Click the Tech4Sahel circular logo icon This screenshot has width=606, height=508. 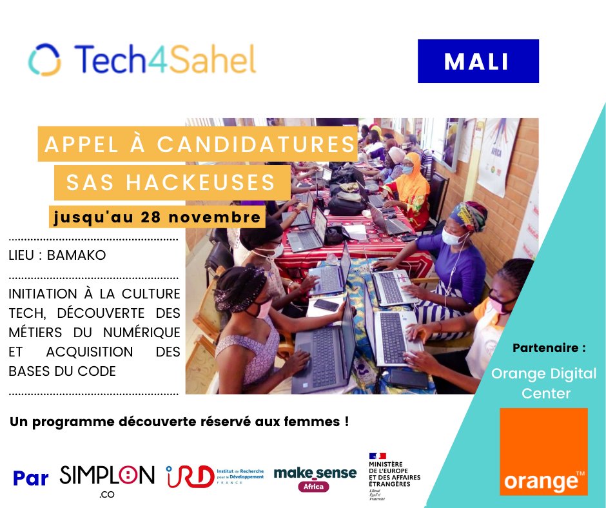(45, 59)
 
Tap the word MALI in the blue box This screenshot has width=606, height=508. (477, 61)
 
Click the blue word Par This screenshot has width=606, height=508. (31, 478)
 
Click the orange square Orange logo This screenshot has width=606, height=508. (544, 451)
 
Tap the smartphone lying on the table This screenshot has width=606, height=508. (326, 305)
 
